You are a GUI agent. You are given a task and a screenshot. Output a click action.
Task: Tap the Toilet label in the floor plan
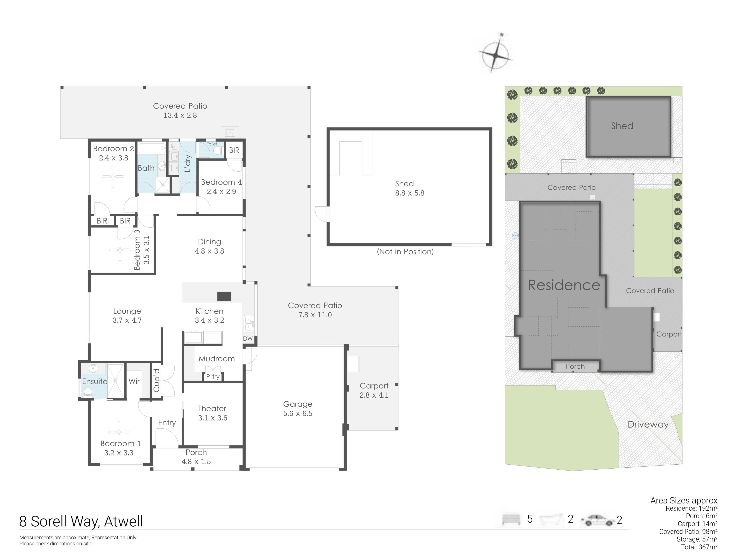pyautogui.click(x=212, y=144)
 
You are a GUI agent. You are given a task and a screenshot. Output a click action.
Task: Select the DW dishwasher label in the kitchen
pyautogui.click(x=248, y=338)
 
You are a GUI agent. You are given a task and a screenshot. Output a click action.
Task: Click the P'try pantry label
pyautogui.click(x=213, y=377)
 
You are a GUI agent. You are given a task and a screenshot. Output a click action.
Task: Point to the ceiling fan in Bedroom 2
pyautogui.click(x=113, y=177)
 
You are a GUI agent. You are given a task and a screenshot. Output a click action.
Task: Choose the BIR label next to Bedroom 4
pyautogui.click(x=235, y=150)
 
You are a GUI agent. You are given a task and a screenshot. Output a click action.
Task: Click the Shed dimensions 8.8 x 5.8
pyautogui.click(x=410, y=193)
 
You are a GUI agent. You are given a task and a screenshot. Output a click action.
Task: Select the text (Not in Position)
pyautogui.click(x=405, y=251)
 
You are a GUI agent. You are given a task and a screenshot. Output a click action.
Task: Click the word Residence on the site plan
pyautogui.click(x=564, y=285)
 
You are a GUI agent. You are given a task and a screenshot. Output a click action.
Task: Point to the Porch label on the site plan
pyautogui.click(x=575, y=366)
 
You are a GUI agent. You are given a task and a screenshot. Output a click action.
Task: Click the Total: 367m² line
pyautogui.click(x=699, y=547)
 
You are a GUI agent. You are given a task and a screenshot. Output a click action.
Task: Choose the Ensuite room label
pyautogui.click(x=95, y=381)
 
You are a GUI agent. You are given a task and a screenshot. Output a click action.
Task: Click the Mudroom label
pyautogui.click(x=217, y=359)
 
